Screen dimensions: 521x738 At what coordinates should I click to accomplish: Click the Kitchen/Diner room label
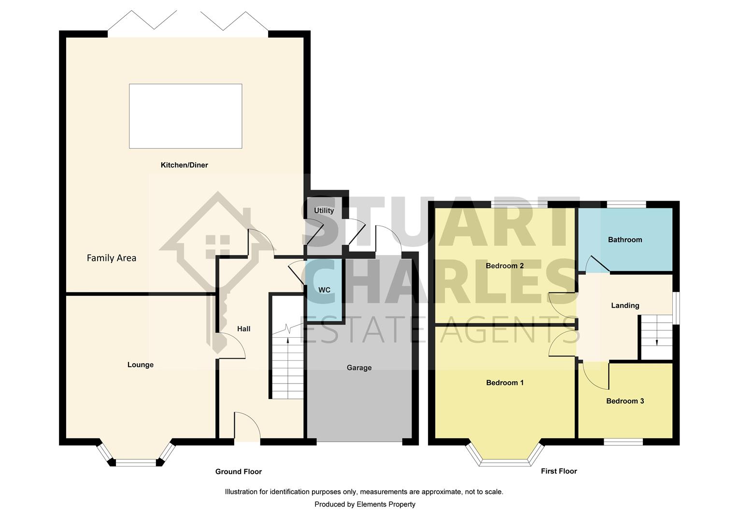184,165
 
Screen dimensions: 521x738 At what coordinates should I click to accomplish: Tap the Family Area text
111,258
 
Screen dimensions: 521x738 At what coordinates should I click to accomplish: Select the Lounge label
140,365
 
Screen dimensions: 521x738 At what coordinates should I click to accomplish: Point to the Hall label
243,329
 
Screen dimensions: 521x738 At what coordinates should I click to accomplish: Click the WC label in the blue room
324,290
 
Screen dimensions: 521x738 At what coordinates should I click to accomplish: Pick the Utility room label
324,210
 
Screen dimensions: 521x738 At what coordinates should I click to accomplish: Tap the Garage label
359,368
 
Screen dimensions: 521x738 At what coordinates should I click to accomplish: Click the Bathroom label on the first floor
624,239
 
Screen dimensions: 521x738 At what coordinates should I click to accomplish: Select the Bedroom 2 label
504,266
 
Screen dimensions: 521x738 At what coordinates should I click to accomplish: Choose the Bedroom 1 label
505,383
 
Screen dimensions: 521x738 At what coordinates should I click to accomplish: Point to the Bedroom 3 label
624,401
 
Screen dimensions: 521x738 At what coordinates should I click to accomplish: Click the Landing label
624,305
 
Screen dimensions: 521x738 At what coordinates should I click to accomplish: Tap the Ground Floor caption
238,471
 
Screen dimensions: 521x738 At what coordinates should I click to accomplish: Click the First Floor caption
558,471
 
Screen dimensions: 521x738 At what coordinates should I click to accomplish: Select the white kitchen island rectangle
185,116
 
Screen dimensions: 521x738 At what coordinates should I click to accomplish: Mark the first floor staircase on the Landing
656,337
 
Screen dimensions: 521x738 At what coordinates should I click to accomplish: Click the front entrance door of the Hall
247,427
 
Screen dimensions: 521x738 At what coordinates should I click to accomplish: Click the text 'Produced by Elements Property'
365,504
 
